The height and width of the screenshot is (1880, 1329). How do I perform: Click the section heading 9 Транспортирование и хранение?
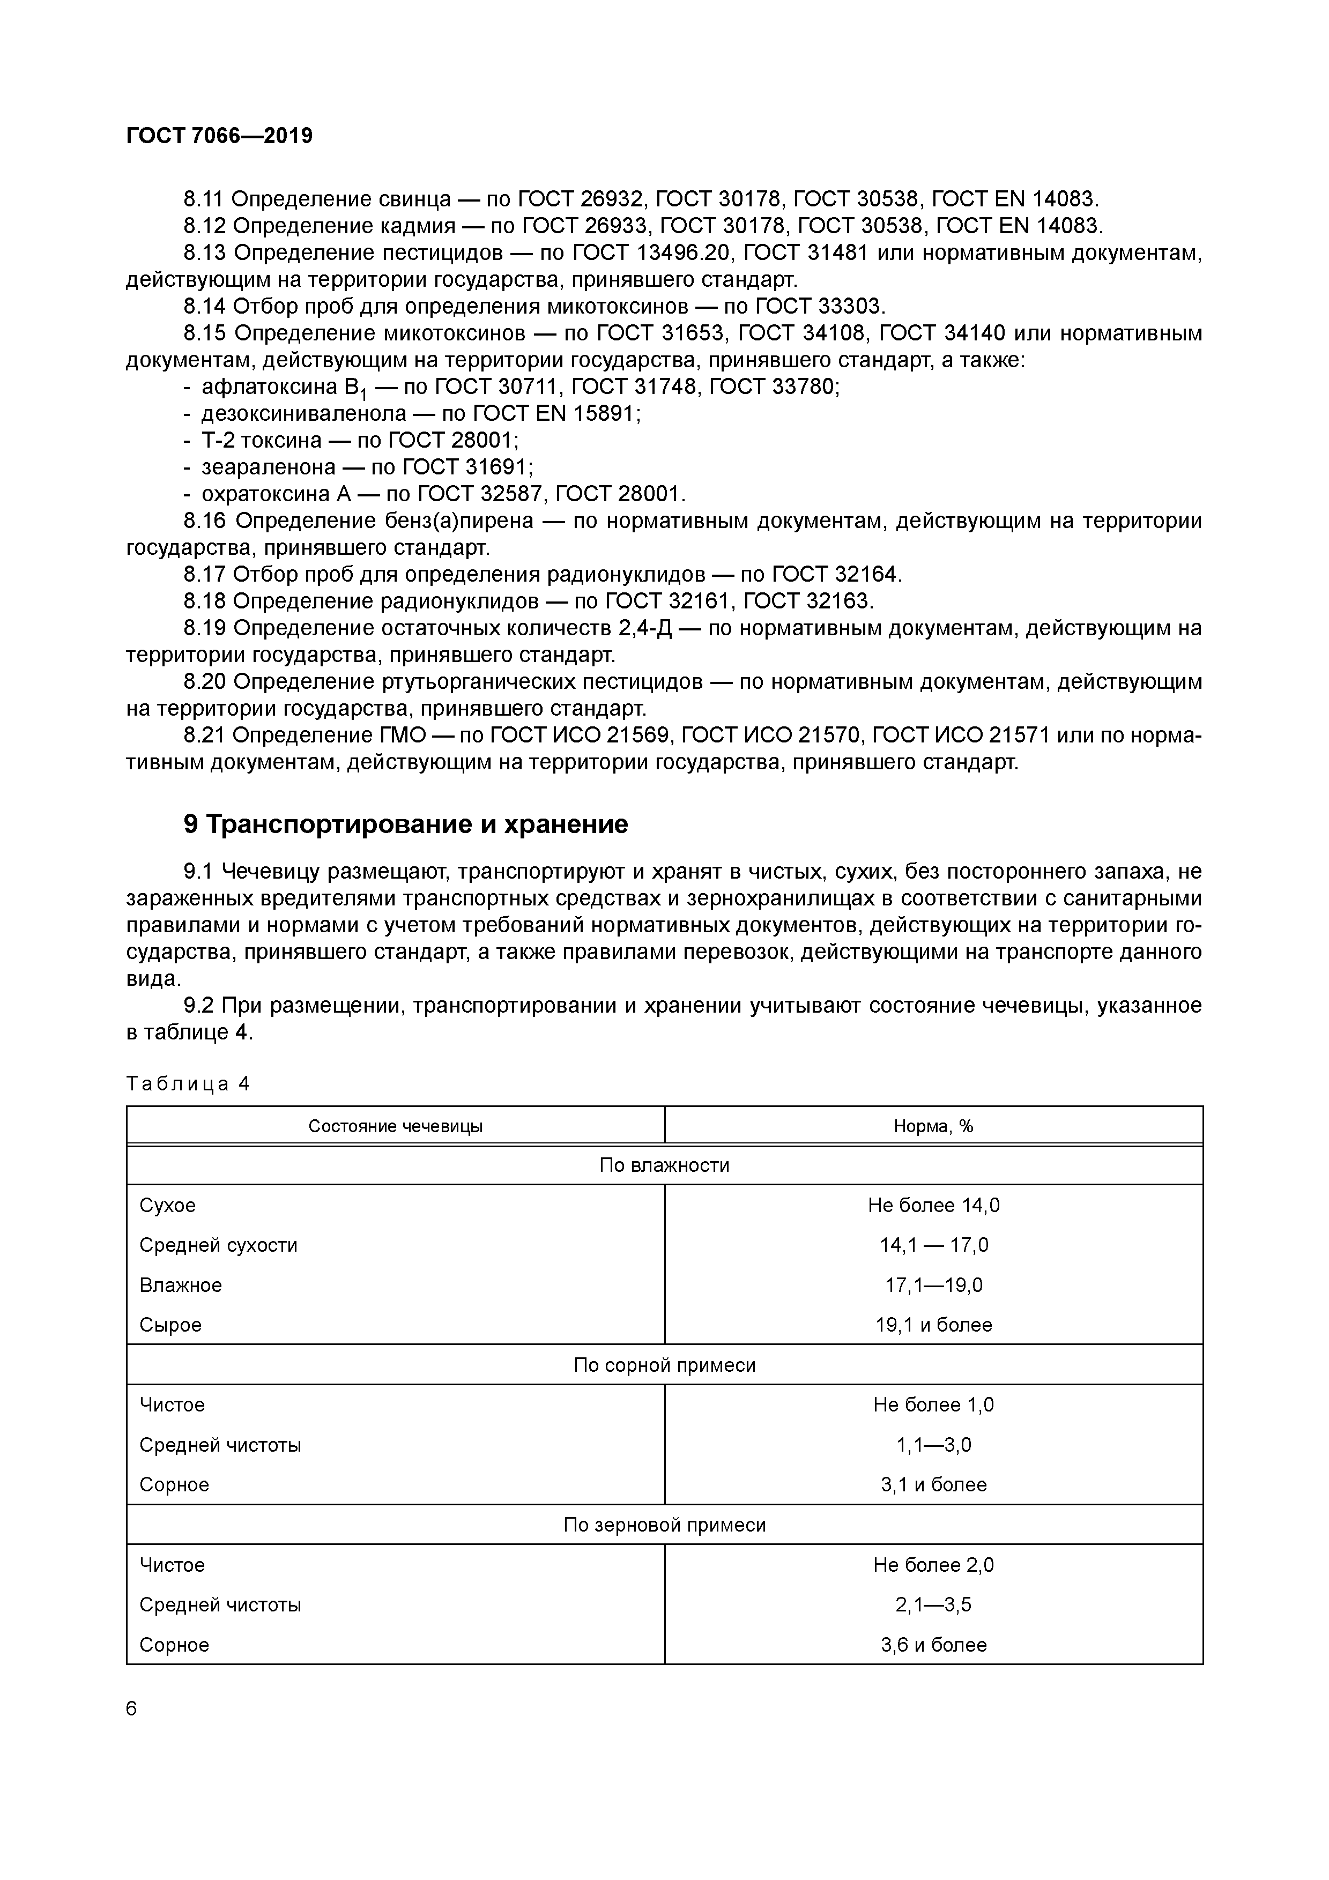tap(406, 824)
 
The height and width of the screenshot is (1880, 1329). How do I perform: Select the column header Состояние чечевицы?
tap(396, 1127)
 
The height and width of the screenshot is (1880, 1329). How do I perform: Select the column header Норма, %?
tap(933, 1127)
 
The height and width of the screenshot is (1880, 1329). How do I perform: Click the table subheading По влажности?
tap(664, 1165)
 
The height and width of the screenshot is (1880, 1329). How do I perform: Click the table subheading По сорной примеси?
tap(664, 1365)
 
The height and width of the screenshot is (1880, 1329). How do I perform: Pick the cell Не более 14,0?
tap(933, 1205)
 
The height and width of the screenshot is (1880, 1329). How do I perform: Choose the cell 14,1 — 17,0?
tap(933, 1245)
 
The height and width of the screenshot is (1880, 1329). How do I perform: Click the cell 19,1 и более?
tap(933, 1325)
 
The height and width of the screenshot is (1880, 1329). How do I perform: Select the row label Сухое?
tap(167, 1205)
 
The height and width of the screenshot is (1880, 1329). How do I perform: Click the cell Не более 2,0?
tap(933, 1565)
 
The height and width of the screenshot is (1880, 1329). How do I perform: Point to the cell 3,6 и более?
tap(933, 1645)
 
